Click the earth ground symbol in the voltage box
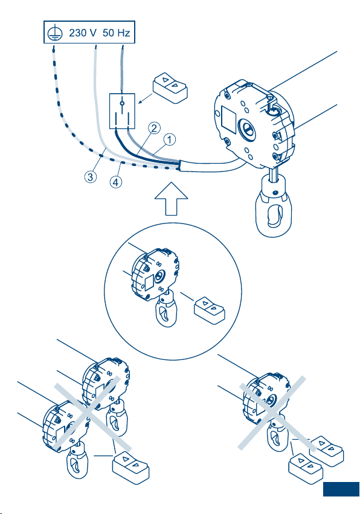[x=55, y=33]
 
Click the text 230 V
[x=83, y=33]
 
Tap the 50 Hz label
[x=117, y=33]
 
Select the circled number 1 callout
[x=169, y=140]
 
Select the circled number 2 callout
[x=154, y=128]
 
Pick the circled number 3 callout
[x=91, y=177]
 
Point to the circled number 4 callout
[x=116, y=182]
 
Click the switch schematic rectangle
[x=122, y=111]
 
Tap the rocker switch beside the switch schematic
[x=170, y=88]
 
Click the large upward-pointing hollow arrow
[x=171, y=199]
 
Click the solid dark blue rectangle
[x=341, y=489]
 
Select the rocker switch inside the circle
[x=210, y=310]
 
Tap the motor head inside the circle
[x=155, y=275]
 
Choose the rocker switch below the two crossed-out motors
[x=131, y=467]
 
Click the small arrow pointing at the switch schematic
[x=145, y=98]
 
